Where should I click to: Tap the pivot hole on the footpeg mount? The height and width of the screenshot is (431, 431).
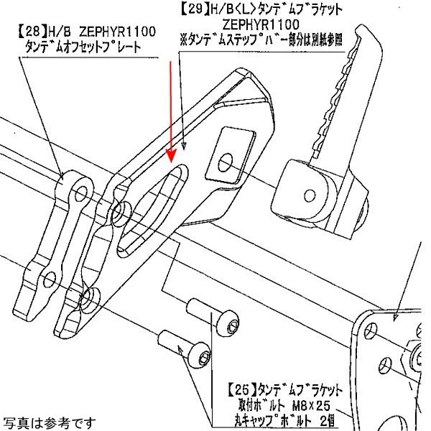click(x=310, y=193)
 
